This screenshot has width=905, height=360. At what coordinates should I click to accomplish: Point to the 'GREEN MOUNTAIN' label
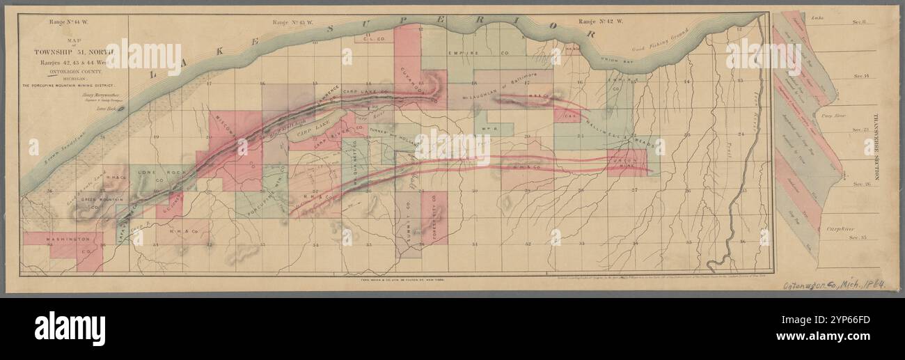tap(97, 200)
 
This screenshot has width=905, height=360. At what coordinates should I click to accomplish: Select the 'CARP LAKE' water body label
tap(302, 130)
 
